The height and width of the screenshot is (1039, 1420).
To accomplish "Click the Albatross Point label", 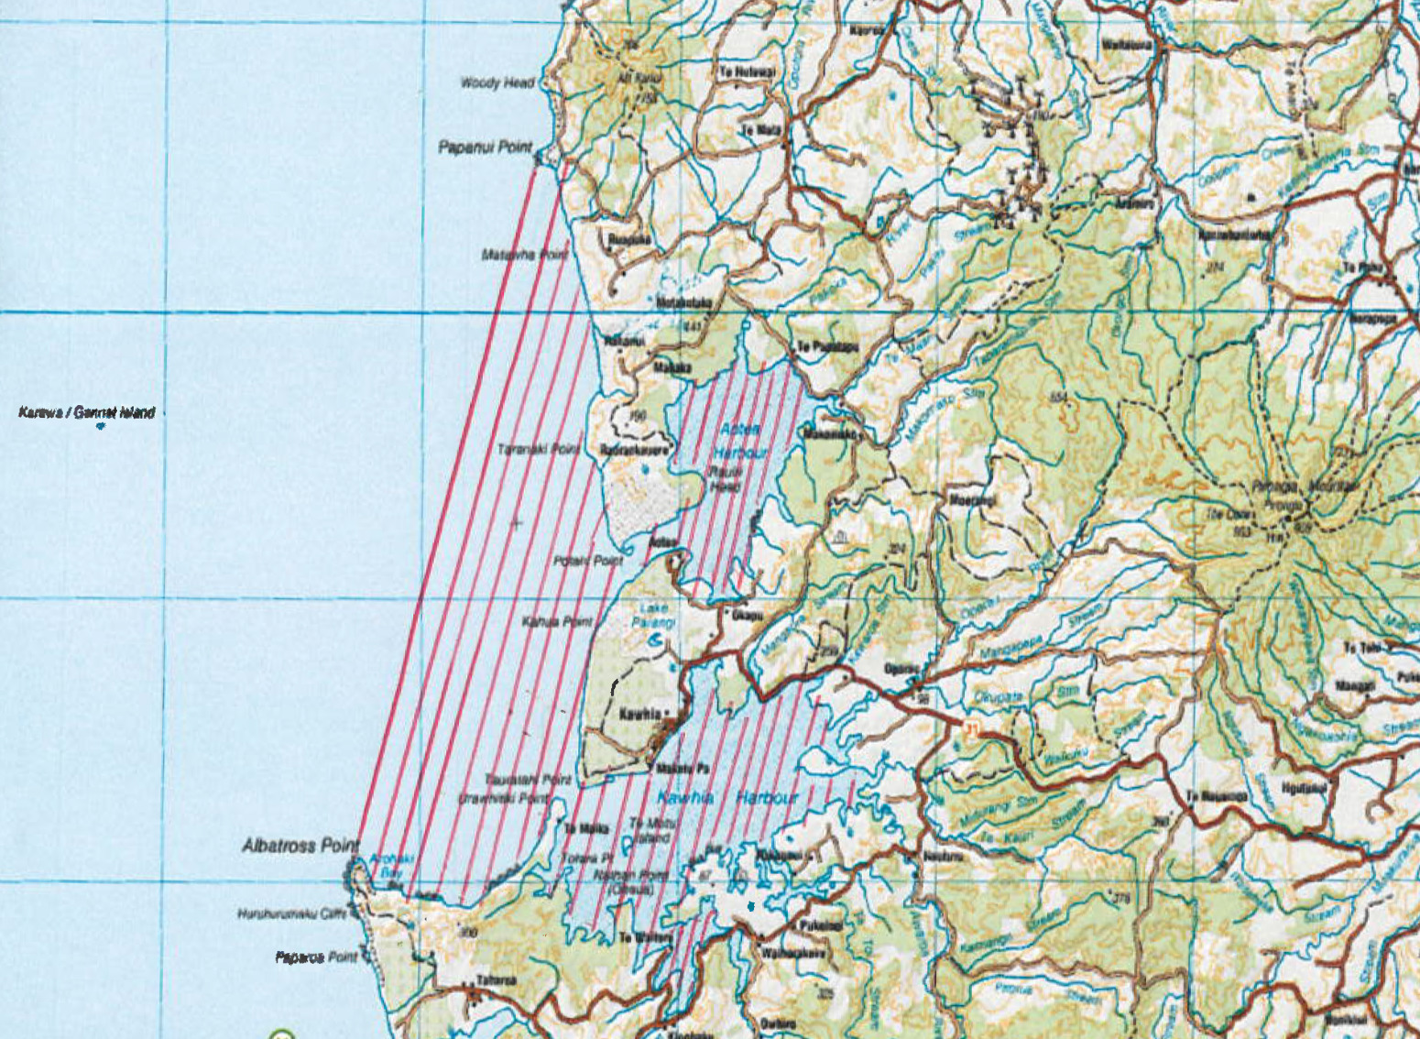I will click(300, 845).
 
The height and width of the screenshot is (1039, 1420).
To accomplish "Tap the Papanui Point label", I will click(485, 147).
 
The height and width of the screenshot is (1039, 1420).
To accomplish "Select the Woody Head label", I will click(497, 83).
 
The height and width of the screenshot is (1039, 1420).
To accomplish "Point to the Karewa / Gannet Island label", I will click(86, 413).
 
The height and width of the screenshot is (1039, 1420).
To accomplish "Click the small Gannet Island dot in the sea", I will click(100, 426).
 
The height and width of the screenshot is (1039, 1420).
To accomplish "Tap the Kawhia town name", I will click(640, 715).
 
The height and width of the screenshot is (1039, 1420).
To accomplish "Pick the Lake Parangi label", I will click(656, 616).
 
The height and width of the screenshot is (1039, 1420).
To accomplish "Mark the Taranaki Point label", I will click(538, 450).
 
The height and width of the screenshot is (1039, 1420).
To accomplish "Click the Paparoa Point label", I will click(316, 957).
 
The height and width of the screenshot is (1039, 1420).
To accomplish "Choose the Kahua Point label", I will click(557, 622).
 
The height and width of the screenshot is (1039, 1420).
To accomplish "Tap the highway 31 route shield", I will click(971, 729).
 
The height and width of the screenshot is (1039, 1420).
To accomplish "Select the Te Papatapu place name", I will click(827, 347).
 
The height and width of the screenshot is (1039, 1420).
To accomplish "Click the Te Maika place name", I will click(586, 829).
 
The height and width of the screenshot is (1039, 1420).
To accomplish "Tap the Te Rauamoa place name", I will click(1217, 796).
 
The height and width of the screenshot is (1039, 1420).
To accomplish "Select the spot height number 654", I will click(1060, 397).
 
